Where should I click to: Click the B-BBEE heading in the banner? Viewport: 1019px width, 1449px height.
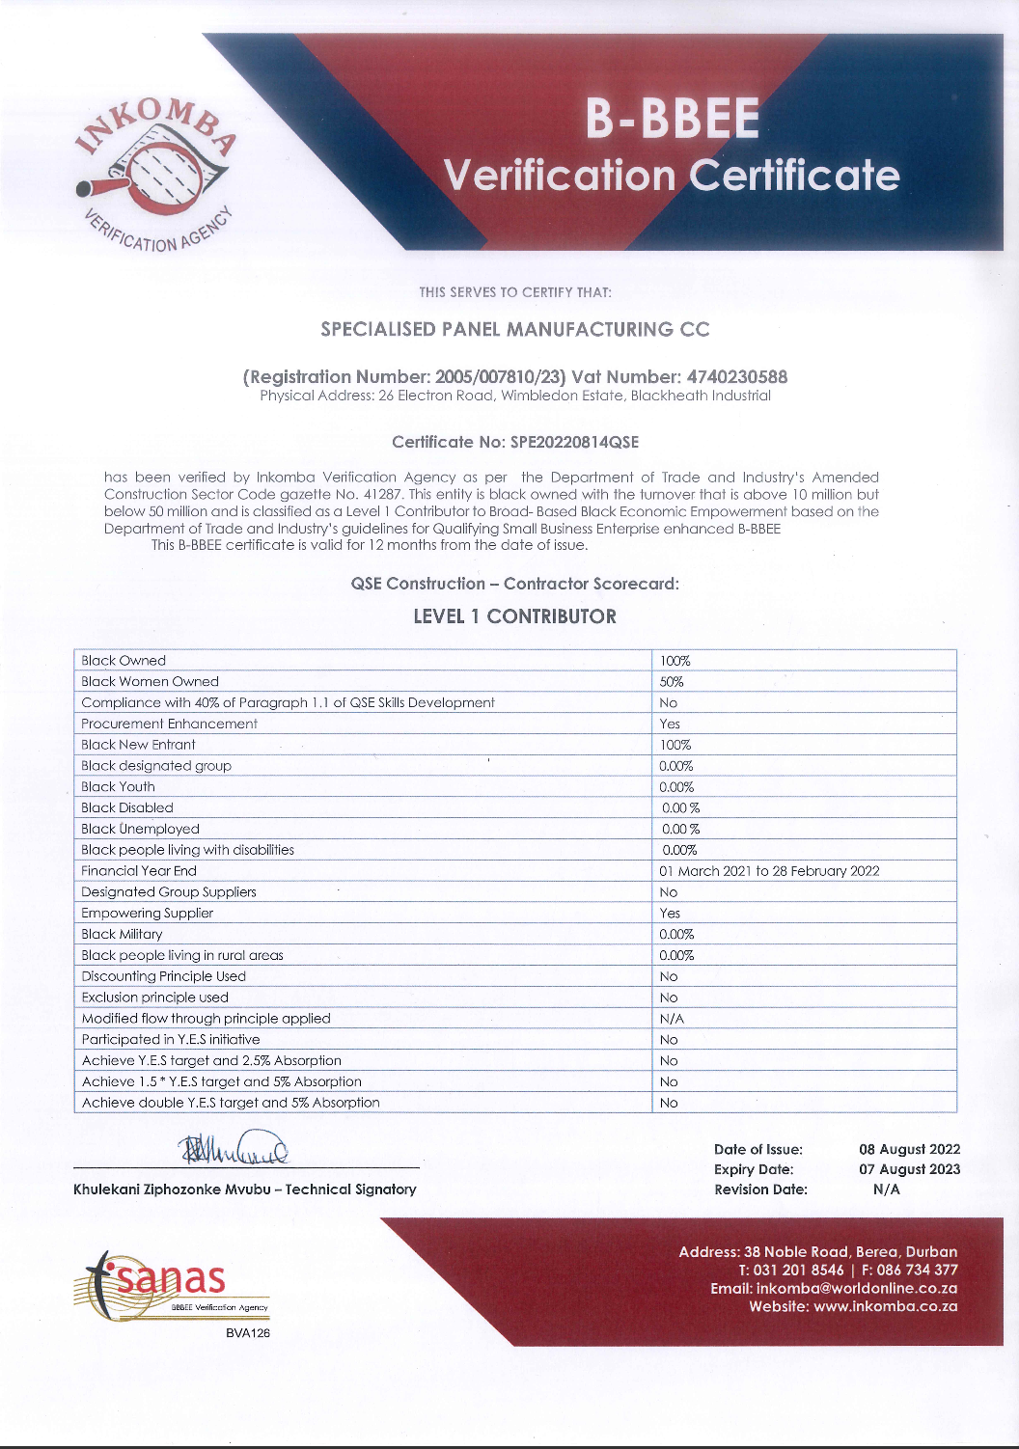click(x=673, y=120)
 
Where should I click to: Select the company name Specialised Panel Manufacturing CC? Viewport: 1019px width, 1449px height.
click(x=514, y=330)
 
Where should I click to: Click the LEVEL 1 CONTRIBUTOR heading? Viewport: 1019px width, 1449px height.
click(x=514, y=616)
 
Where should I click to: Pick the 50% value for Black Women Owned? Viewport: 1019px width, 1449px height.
click(x=672, y=682)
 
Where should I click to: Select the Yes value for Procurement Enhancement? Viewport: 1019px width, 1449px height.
click(x=670, y=724)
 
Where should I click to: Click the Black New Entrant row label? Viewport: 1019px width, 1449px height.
click(x=138, y=745)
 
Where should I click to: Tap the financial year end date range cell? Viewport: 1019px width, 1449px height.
click(x=769, y=871)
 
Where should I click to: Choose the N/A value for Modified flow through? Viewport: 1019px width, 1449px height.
click(x=672, y=1019)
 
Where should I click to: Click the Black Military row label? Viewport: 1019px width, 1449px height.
click(x=122, y=934)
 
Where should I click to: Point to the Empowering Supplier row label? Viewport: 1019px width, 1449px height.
click(x=148, y=913)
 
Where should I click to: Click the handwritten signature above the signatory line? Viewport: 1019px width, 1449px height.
click(x=233, y=1149)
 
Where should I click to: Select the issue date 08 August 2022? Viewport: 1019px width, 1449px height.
click(x=909, y=1149)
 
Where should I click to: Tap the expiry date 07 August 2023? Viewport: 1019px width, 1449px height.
click(x=909, y=1169)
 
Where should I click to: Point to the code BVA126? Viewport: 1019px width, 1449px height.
click(x=247, y=1333)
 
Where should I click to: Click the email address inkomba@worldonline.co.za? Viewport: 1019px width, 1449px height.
click(x=857, y=1289)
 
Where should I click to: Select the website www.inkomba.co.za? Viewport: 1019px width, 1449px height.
click(x=885, y=1307)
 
